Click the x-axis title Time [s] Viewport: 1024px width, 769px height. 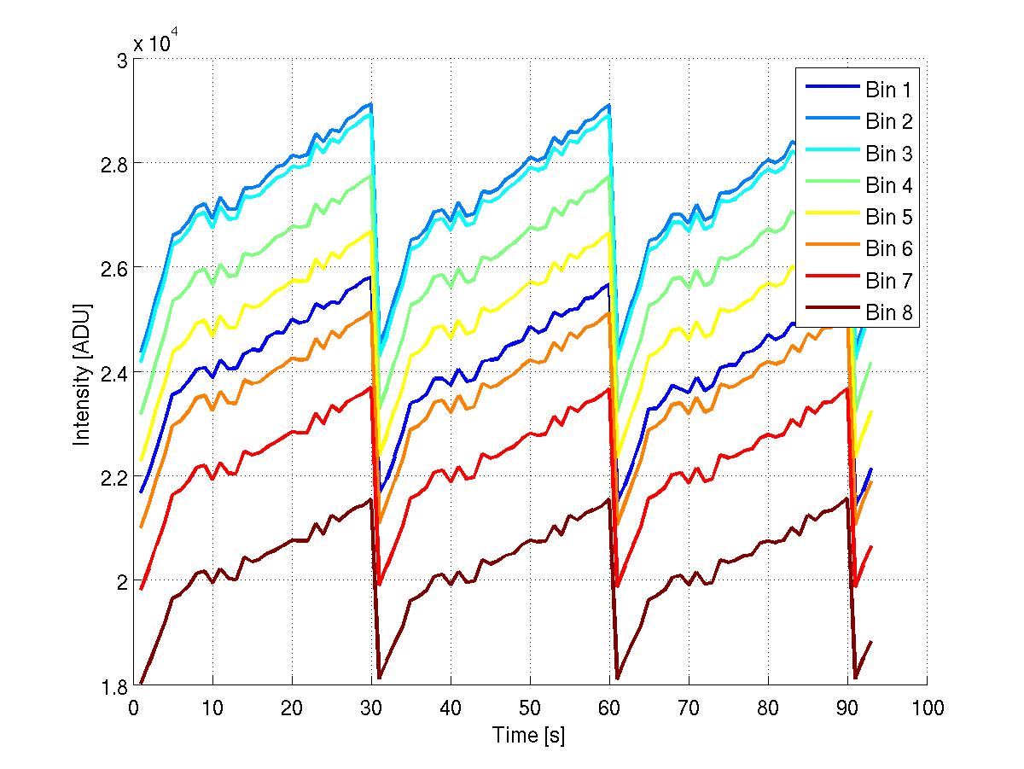point(529,735)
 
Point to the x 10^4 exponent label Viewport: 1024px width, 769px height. point(156,43)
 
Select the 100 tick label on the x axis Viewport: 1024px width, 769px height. point(927,708)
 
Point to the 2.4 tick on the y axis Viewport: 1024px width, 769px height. point(114,372)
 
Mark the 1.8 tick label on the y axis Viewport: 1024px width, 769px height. point(114,685)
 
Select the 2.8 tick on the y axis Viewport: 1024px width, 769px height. point(114,163)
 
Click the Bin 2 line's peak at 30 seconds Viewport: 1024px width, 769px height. point(371,104)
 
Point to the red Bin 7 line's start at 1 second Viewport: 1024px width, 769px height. point(142,588)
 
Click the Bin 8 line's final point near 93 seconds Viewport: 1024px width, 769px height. point(871,642)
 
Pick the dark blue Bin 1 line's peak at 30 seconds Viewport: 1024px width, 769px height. point(370,277)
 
